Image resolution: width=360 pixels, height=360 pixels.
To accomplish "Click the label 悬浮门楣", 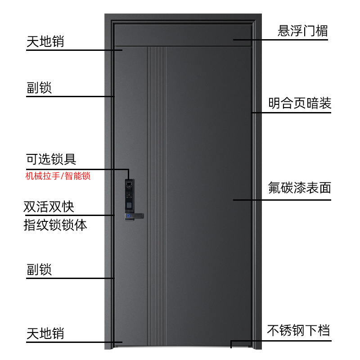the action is point(302,31).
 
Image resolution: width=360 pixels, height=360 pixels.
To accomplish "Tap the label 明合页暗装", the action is point(300,103).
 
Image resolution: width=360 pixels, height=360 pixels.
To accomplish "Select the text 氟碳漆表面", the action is point(299,188).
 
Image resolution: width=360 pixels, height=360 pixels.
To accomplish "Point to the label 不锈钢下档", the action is point(298,330).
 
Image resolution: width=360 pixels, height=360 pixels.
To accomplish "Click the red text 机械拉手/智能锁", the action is point(58,176).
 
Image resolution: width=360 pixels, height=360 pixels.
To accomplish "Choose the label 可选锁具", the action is point(51,159).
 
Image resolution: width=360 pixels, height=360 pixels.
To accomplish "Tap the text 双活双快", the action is point(49,207).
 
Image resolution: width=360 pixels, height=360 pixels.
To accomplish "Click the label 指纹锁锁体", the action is point(55,225).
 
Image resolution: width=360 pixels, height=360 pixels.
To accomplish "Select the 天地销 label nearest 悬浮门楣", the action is point(45,41).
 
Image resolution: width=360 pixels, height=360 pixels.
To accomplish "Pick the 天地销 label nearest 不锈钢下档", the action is point(45,333).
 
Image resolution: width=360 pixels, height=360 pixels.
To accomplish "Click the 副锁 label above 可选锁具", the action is point(39,88).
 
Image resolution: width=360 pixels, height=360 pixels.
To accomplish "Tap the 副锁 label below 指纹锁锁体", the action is point(39,269).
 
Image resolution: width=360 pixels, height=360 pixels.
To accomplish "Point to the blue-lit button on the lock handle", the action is point(128,216).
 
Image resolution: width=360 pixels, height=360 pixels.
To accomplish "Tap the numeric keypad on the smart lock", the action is point(129,194).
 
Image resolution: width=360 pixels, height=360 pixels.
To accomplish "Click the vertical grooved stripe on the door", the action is point(156,196).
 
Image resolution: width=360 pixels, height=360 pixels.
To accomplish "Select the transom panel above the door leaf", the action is point(183,35).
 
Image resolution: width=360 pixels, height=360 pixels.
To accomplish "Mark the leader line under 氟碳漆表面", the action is point(282,200).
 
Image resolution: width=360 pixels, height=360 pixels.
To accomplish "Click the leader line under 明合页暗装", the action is point(291,113).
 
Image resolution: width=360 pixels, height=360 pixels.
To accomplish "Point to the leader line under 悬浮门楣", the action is point(280,40).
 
